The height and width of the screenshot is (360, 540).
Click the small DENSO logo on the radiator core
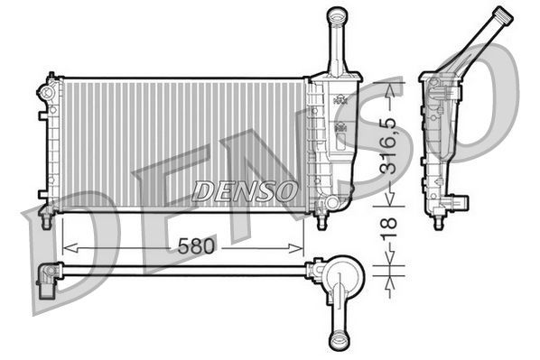[x=246, y=190]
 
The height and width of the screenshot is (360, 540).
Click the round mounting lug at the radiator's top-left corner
[x=44, y=91]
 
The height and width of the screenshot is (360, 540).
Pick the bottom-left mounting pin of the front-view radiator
[x=45, y=215]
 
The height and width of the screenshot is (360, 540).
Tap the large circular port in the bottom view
[x=342, y=273]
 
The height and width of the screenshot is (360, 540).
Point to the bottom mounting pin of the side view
[x=440, y=219]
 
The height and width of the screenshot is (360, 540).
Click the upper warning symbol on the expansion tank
[x=341, y=101]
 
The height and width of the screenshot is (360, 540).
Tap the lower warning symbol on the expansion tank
[x=341, y=129]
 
